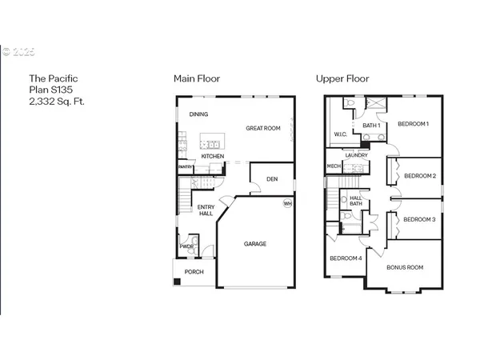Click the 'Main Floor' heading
click(x=197, y=78)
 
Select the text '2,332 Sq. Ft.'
click(x=57, y=102)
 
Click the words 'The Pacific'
click(x=49, y=78)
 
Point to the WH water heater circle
click(x=287, y=203)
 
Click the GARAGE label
click(x=255, y=244)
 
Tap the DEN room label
click(x=272, y=178)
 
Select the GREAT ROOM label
click(x=262, y=128)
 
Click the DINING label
click(x=198, y=114)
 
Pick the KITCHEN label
click(x=213, y=156)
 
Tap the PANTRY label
click(x=186, y=167)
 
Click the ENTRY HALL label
click(x=206, y=211)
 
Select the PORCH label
click(x=194, y=272)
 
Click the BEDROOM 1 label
click(x=415, y=124)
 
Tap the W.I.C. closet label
click(x=339, y=134)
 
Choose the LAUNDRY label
click(x=357, y=155)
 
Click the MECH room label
click(x=334, y=166)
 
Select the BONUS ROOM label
click(x=405, y=267)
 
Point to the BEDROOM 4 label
click(x=346, y=258)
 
